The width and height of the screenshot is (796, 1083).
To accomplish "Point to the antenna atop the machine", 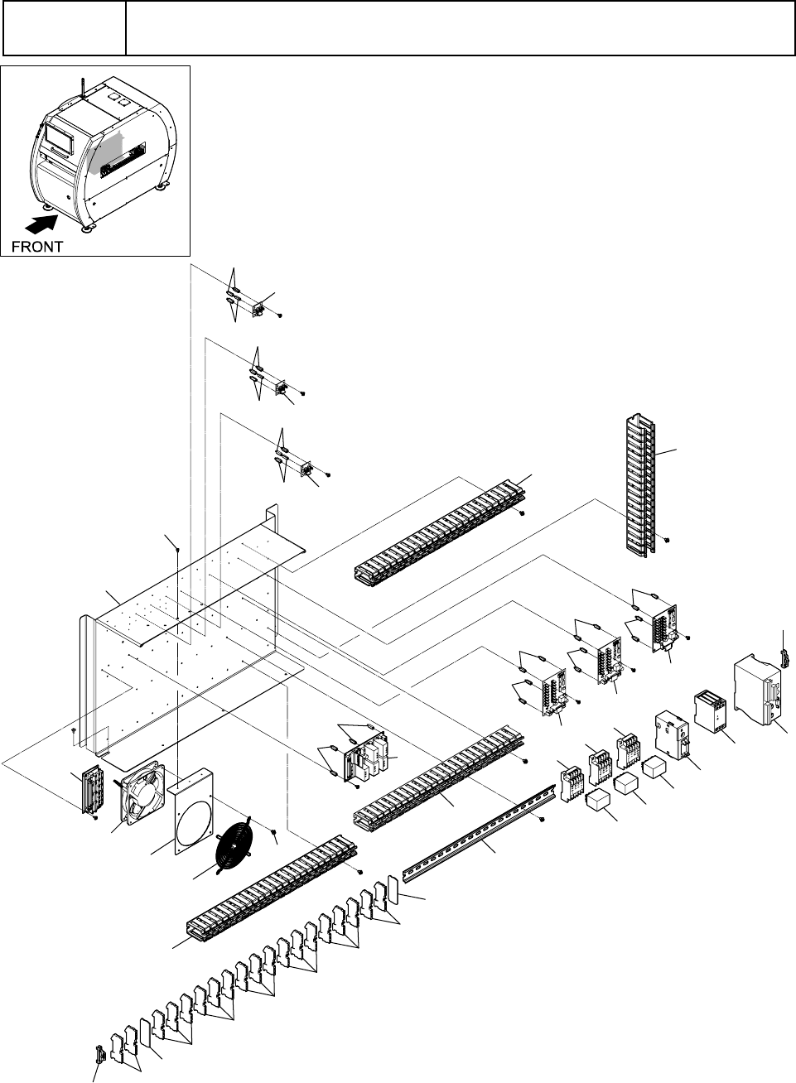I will click(84, 88).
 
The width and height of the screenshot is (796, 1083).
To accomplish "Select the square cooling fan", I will click(143, 793).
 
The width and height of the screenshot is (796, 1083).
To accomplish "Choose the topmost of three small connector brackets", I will click(259, 310).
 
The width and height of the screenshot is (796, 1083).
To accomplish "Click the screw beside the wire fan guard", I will click(274, 829).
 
